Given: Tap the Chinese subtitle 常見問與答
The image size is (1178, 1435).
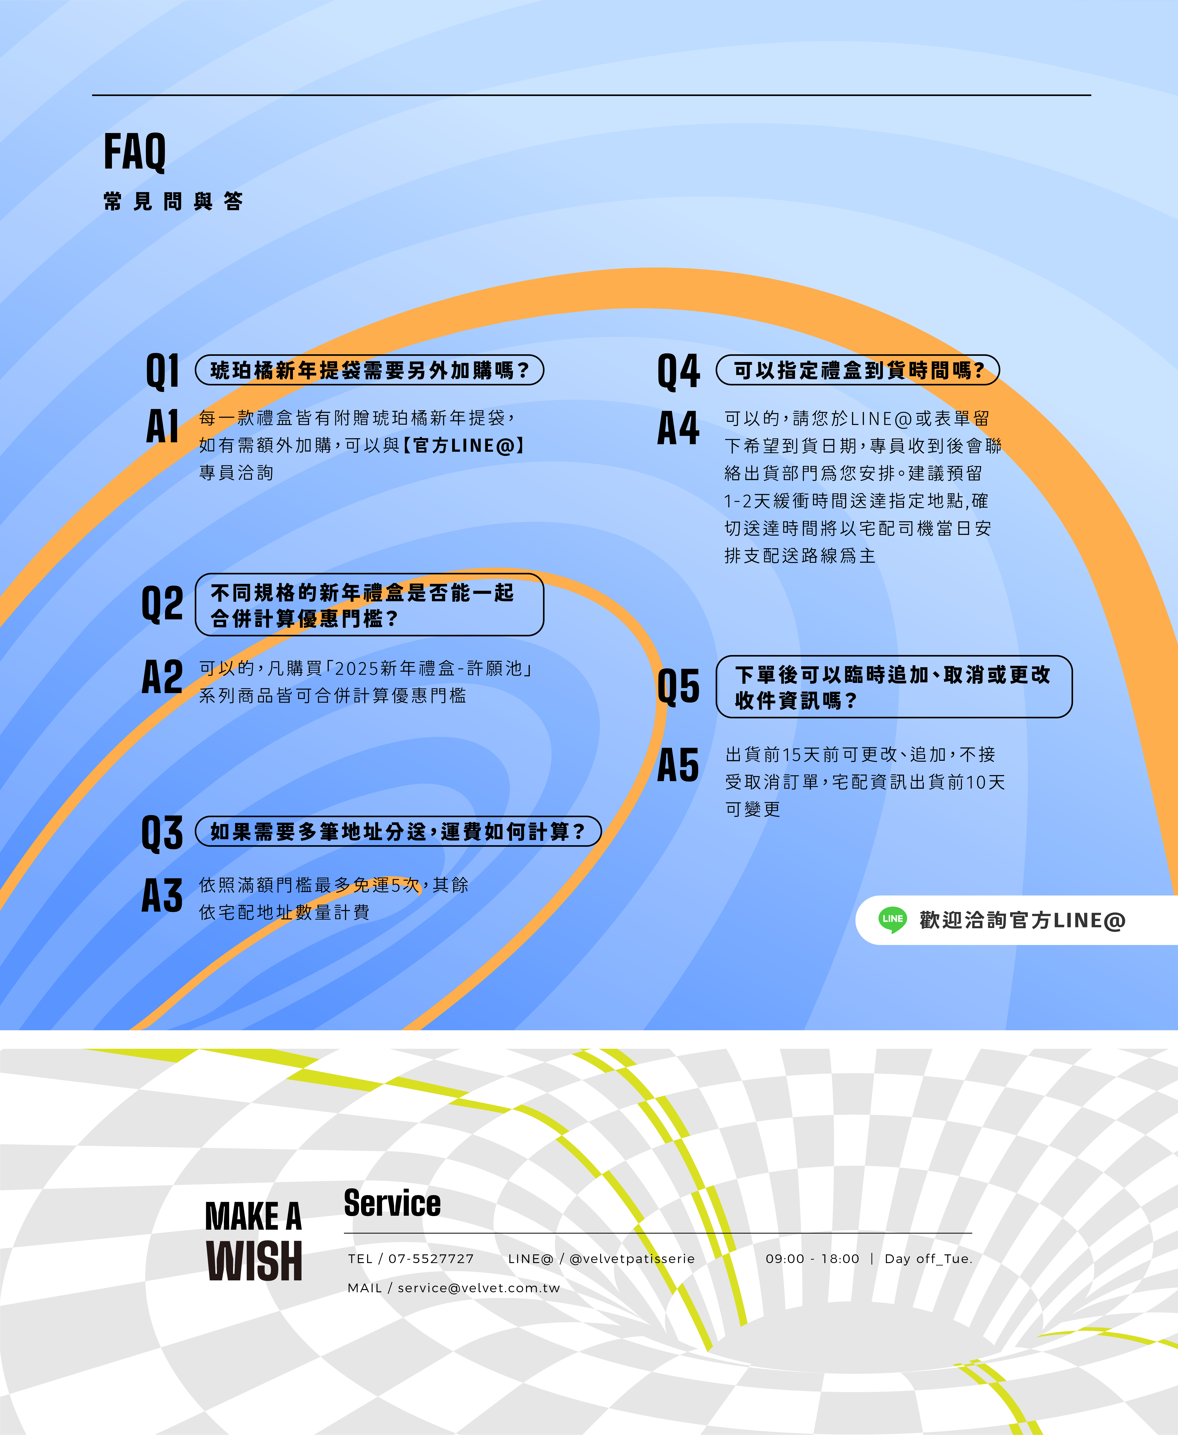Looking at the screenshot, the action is tap(173, 202).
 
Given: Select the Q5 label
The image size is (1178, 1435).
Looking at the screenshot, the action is tap(678, 686).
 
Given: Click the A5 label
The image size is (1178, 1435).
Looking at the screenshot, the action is tap(678, 765).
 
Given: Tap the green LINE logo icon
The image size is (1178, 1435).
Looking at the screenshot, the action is tap(892, 920).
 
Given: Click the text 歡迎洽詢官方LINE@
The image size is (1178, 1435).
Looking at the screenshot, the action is tap(1022, 920).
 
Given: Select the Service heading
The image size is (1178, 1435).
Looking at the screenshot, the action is tap(392, 1203).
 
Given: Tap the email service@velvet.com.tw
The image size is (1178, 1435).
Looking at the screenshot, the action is tap(478, 1288).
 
